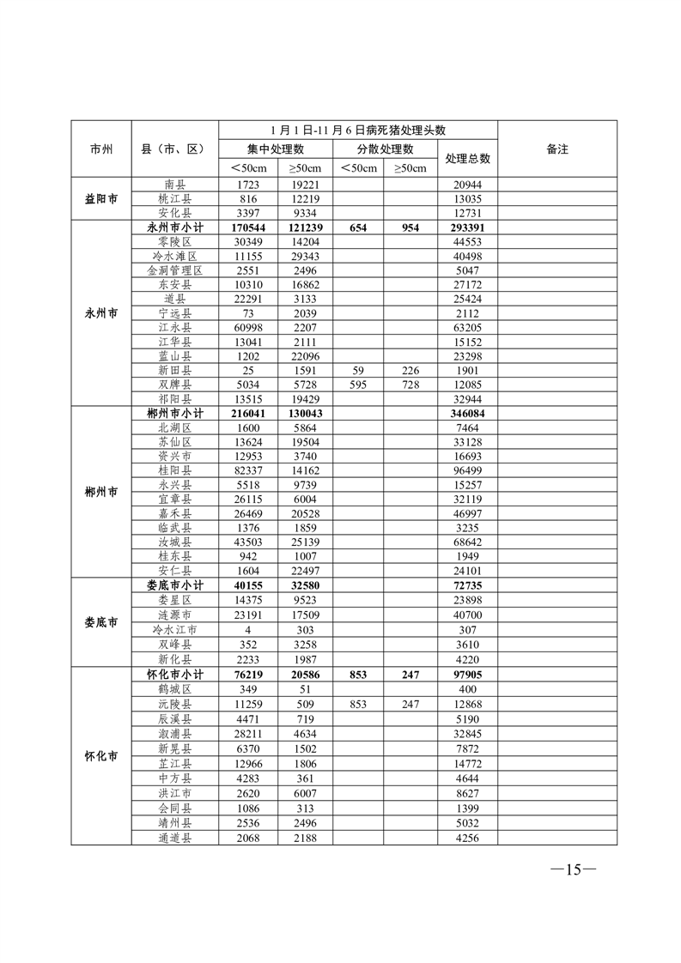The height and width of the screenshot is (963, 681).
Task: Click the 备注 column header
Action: coord(557,149)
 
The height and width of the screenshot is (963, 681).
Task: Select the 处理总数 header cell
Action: coord(467,159)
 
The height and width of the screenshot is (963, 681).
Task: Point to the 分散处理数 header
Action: coord(385,149)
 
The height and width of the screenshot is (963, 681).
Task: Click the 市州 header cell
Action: coord(101,149)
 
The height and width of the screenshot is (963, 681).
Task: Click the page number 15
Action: coord(573,869)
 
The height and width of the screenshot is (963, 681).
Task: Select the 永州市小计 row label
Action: coord(175,228)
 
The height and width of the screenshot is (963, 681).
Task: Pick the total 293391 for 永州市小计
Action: coord(467,228)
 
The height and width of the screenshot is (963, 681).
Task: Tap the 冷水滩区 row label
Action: coord(175,257)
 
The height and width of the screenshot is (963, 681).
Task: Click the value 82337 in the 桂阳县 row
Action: coord(247,470)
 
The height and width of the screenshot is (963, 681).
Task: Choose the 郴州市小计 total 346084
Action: coord(467,414)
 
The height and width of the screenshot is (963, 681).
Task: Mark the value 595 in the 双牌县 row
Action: coord(359,385)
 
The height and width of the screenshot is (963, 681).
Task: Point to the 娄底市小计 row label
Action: coord(175,584)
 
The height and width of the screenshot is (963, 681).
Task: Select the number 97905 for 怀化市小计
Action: coord(467,675)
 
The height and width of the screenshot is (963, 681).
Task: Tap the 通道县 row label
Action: coord(175,838)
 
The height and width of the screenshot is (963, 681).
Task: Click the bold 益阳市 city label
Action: coord(101,199)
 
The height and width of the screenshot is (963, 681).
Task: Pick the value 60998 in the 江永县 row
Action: coord(247,328)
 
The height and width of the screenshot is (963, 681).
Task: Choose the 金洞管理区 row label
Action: coord(175,270)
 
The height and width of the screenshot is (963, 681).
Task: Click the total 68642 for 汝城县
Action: coord(467,542)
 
